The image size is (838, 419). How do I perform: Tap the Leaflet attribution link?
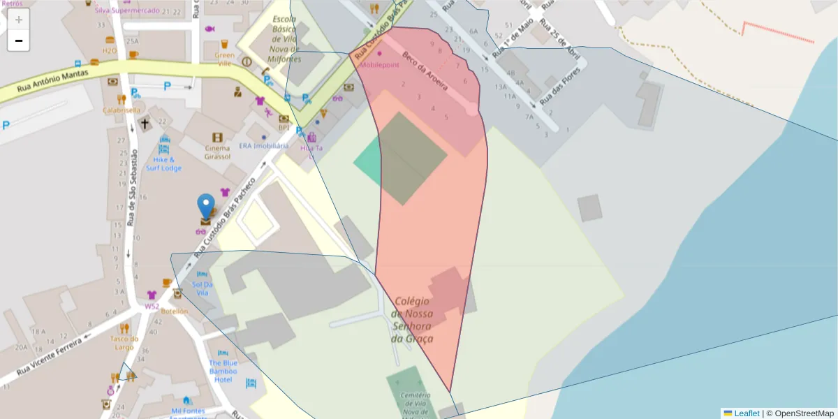[x=747, y=413]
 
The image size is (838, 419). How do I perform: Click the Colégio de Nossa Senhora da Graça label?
[x=413, y=320]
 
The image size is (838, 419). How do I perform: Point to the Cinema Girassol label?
[x=217, y=152]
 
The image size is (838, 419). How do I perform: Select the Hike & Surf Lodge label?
[x=163, y=163]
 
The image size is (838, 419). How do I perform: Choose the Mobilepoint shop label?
[x=379, y=64]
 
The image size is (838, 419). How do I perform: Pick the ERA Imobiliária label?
[x=263, y=146]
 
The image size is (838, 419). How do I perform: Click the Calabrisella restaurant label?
[x=122, y=110]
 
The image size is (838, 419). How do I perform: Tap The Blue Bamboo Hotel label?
[x=223, y=371]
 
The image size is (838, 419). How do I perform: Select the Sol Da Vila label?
[x=202, y=288]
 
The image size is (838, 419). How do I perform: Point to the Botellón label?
[x=175, y=311]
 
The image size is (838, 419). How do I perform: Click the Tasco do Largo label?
[x=124, y=343]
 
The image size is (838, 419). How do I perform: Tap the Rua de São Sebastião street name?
[x=133, y=189]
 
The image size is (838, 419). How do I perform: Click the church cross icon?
[x=145, y=124]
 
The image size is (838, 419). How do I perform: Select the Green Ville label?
[x=224, y=59]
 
